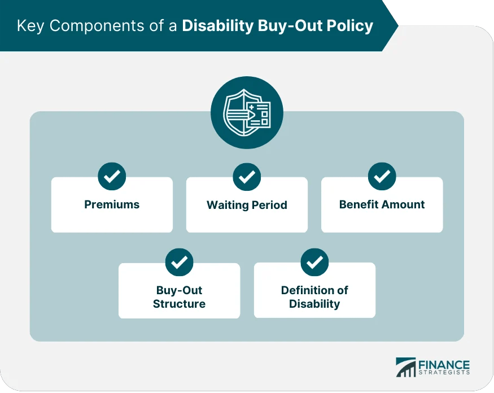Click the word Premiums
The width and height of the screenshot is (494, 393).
pos(112,204)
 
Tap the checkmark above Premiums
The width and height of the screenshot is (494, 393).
pos(112,177)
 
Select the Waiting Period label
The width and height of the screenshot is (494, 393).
pos(247,205)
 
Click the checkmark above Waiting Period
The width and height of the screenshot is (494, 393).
pos(247,177)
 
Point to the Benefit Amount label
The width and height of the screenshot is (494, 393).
pos(382,204)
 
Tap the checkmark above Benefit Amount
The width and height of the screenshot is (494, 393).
pos(382,177)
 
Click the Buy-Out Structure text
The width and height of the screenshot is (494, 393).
pos(179,297)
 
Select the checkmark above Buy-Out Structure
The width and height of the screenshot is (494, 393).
pos(179,262)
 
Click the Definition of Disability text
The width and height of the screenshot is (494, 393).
pos(314,297)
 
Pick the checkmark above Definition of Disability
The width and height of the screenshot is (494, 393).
pos(314,262)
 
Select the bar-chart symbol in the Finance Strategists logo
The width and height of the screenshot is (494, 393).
pos(405,368)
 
